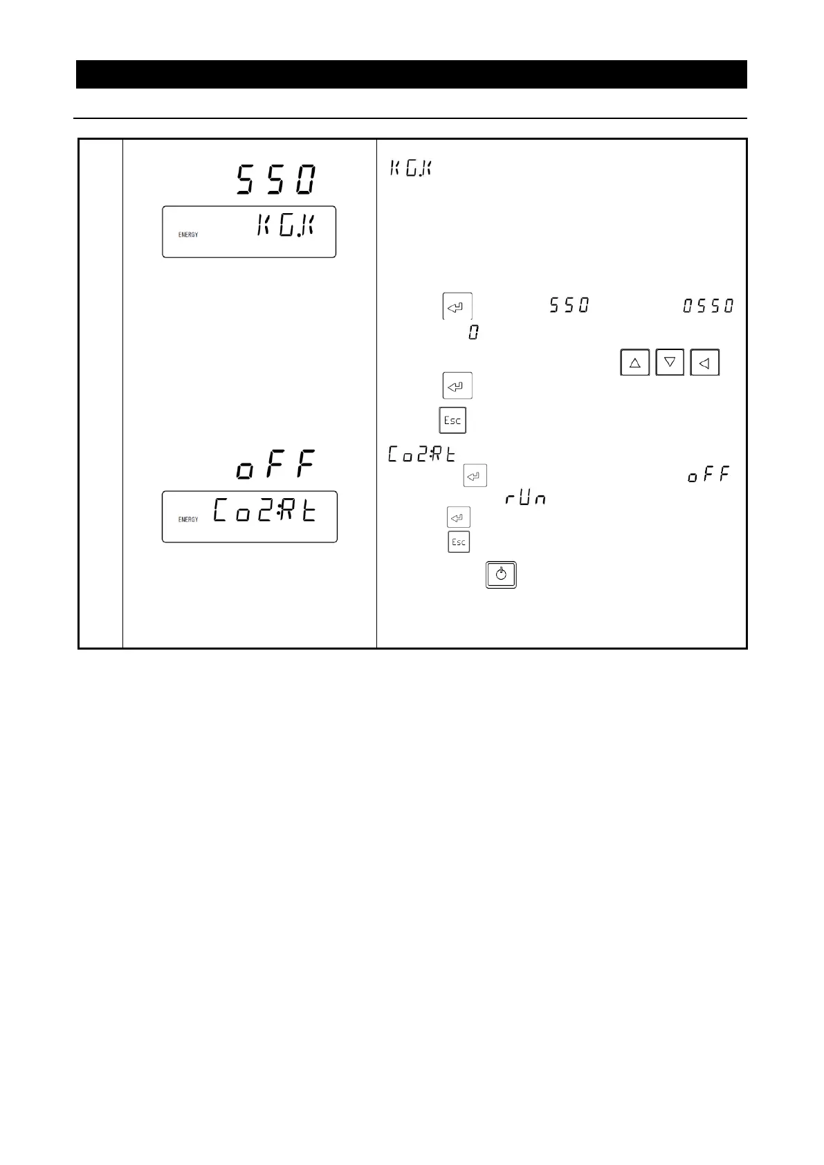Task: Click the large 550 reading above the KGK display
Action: pyautogui.click(x=277, y=180)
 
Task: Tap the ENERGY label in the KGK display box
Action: pyautogui.click(x=188, y=235)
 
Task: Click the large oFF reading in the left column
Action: pyautogui.click(x=275, y=465)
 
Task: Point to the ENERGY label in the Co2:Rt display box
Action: pyautogui.click(x=188, y=520)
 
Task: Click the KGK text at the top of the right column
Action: pyautogui.click(x=410, y=168)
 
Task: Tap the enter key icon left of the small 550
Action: pyautogui.click(x=457, y=306)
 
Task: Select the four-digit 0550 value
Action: pyautogui.click(x=708, y=305)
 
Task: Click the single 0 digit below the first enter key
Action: pyautogui.click(x=473, y=333)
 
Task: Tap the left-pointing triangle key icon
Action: pyautogui.click(x=704, y=363)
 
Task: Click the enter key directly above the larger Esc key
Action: pyautogui.click(x=457, y=386)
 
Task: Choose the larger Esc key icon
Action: pyautogui.click(x=452, y=421)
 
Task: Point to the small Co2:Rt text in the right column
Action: pyautogui.click(x=422, y=455)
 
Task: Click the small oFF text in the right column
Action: pyautogui.click(x=708, y=476)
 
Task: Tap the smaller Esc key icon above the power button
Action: pyautogui.click(x=459, y=542)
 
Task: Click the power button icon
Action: pyautogui.click(x=501, y=575)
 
